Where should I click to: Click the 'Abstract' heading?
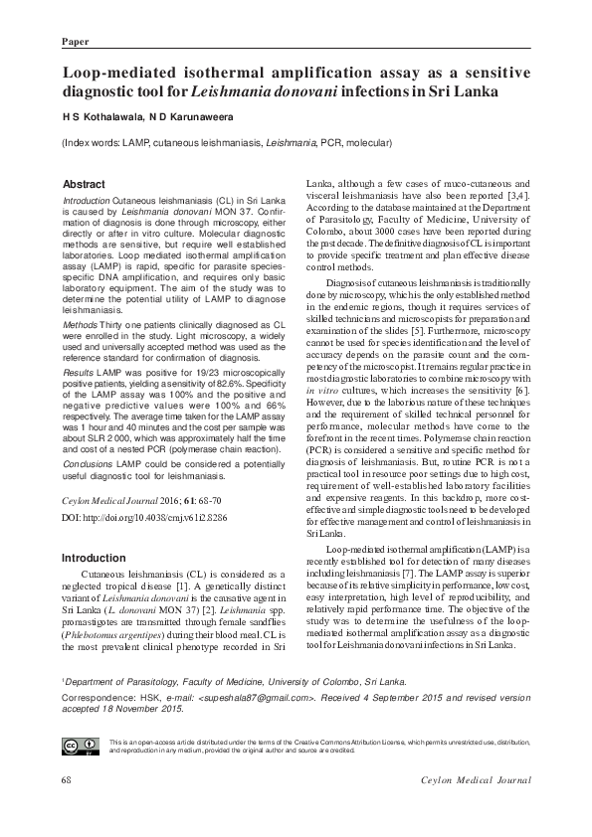point(84,185)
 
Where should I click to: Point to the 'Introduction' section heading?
point(93,559)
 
